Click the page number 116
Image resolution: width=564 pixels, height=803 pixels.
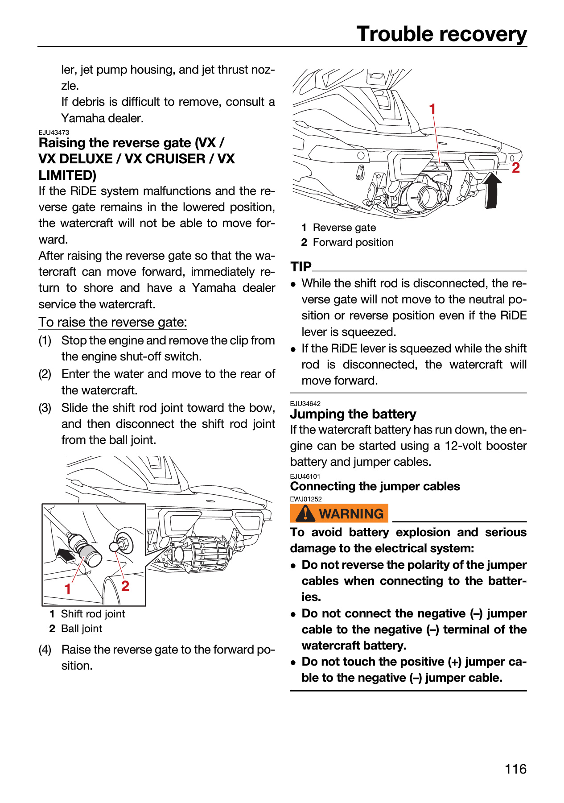coord(515,769)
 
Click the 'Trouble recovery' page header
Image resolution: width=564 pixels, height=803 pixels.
coord(441,34)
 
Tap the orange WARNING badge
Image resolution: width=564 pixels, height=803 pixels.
coord(339,513)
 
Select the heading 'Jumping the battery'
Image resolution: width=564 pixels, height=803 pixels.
coord(353,414)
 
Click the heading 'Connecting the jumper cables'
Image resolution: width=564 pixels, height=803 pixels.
coord(375,486)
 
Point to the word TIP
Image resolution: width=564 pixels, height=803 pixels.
coord(301,266)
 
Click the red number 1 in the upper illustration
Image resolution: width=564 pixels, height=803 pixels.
coord(432,109)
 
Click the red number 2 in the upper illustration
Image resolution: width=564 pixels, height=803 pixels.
coord(516,168)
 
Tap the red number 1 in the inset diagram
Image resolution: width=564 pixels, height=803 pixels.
coord(68,589)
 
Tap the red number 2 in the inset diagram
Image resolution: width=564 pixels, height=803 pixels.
coord(125,586)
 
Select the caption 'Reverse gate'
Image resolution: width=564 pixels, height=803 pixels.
coord(344,228)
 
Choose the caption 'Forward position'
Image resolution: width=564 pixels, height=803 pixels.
coord(353,242)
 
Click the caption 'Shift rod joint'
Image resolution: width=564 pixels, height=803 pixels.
coord(93,614)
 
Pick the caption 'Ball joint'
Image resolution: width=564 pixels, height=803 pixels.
coord(82,629)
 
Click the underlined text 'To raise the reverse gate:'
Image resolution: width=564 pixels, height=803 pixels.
coord(113,322)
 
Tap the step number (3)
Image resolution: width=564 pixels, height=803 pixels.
coord(45,408)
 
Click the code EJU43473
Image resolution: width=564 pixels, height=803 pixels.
coord(54,132)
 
